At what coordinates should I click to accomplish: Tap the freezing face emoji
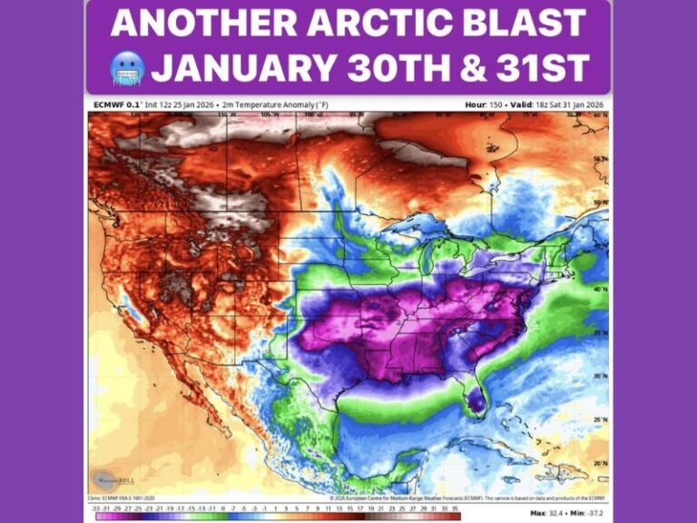pos(125,68)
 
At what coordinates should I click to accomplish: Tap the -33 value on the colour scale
pos(97,508)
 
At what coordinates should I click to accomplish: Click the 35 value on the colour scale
pos(456,508)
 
